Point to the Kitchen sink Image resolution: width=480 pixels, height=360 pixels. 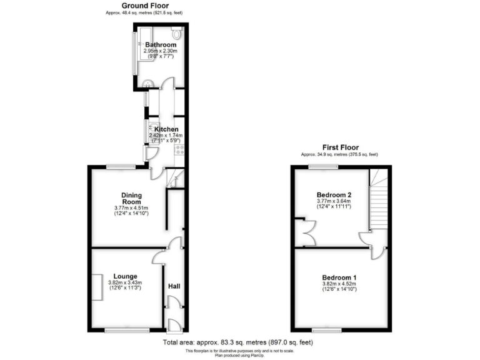151,131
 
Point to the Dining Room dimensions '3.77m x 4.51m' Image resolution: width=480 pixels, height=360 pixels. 132,208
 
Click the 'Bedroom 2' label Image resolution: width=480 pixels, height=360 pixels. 334,195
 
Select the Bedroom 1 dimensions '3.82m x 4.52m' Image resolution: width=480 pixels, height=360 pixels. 339,284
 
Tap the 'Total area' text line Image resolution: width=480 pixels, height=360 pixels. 237,342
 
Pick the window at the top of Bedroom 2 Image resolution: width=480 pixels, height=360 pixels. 323,166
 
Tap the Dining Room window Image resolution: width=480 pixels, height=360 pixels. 119,166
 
